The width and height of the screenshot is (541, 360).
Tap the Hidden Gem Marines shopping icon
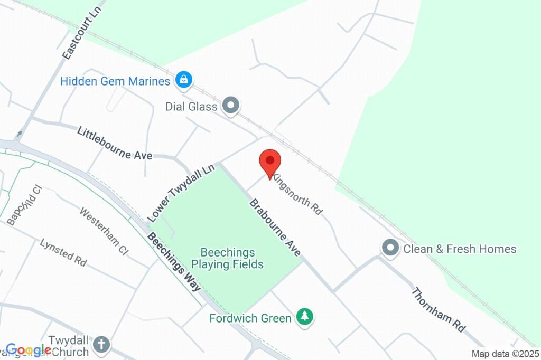coord(184,80)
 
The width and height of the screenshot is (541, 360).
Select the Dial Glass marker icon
coord(231,106)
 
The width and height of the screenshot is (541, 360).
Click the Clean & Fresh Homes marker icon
coord(390,248)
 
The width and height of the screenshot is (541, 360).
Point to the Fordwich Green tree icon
coord(304,317)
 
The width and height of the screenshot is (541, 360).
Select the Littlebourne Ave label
coord(115,143)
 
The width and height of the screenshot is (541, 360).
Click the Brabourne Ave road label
coord(275,228)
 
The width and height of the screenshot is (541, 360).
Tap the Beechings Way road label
coord(174,262)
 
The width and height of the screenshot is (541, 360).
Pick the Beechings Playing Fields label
coord(228,259)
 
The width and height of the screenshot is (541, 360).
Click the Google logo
coord(29,349)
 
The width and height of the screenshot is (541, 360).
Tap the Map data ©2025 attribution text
coord(506,354)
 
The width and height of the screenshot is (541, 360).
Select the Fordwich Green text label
coord(250,318)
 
